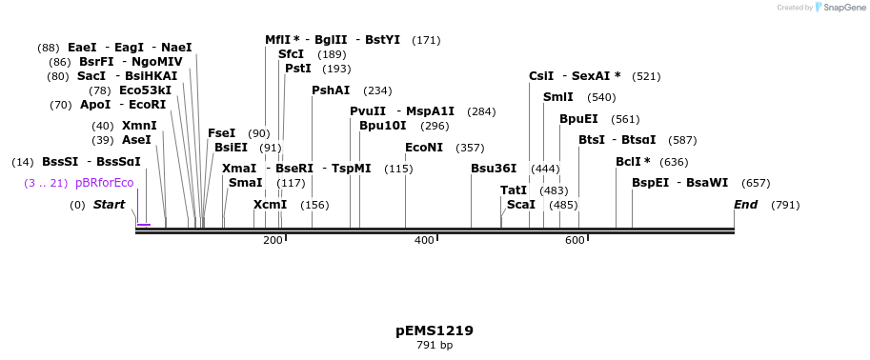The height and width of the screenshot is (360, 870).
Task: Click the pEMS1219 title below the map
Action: click(435, 330)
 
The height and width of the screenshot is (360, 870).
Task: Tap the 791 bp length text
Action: click(435, 345)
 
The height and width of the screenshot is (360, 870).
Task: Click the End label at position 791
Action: click(746, 205)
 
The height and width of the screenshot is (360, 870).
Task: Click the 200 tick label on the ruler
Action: click(273, 241)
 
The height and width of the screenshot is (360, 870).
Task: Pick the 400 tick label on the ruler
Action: click(424, 241)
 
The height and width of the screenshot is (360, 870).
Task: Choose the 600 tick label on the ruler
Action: click(575, 241)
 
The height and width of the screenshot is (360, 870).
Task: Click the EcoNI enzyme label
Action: click(424, 148)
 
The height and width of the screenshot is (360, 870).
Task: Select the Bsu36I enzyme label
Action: click(494, 169)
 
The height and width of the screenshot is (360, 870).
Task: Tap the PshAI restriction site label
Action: click(331, 90)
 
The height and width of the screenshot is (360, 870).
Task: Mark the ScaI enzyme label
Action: click(521, 205)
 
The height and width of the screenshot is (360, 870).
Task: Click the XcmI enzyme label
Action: click(270, 205)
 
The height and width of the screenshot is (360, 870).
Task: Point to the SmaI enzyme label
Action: click(246, 183)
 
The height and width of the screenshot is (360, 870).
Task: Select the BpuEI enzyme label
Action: click(578, 119)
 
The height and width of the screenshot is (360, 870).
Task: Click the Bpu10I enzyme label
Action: click(383, 126)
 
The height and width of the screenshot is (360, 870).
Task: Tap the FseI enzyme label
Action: click(221, 133)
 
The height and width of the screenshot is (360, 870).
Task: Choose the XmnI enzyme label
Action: click(139, 126)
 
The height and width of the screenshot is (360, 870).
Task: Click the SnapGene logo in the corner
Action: click(836, 8)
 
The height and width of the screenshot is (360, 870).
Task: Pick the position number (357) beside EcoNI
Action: click(470, 148)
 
